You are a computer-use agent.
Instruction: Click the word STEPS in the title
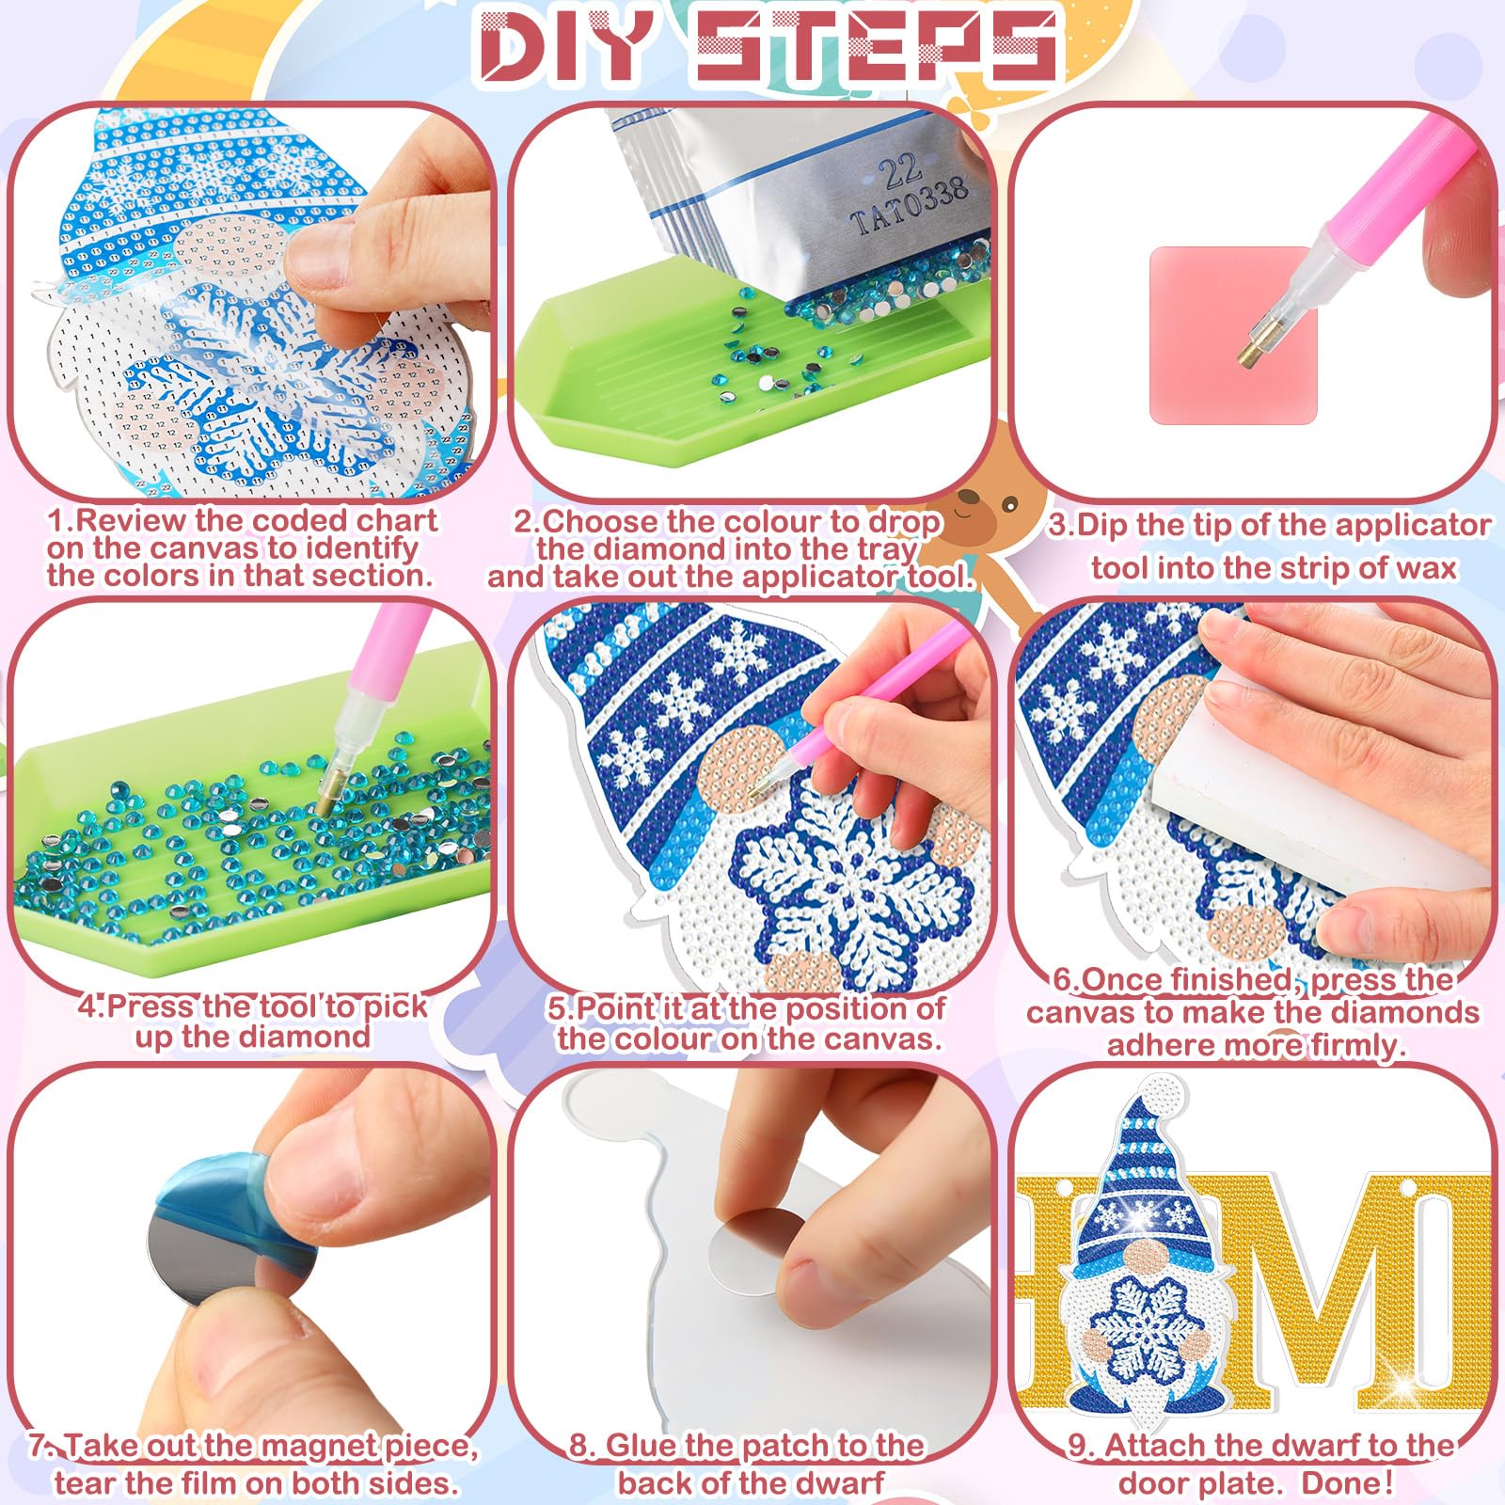pos(879,44)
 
